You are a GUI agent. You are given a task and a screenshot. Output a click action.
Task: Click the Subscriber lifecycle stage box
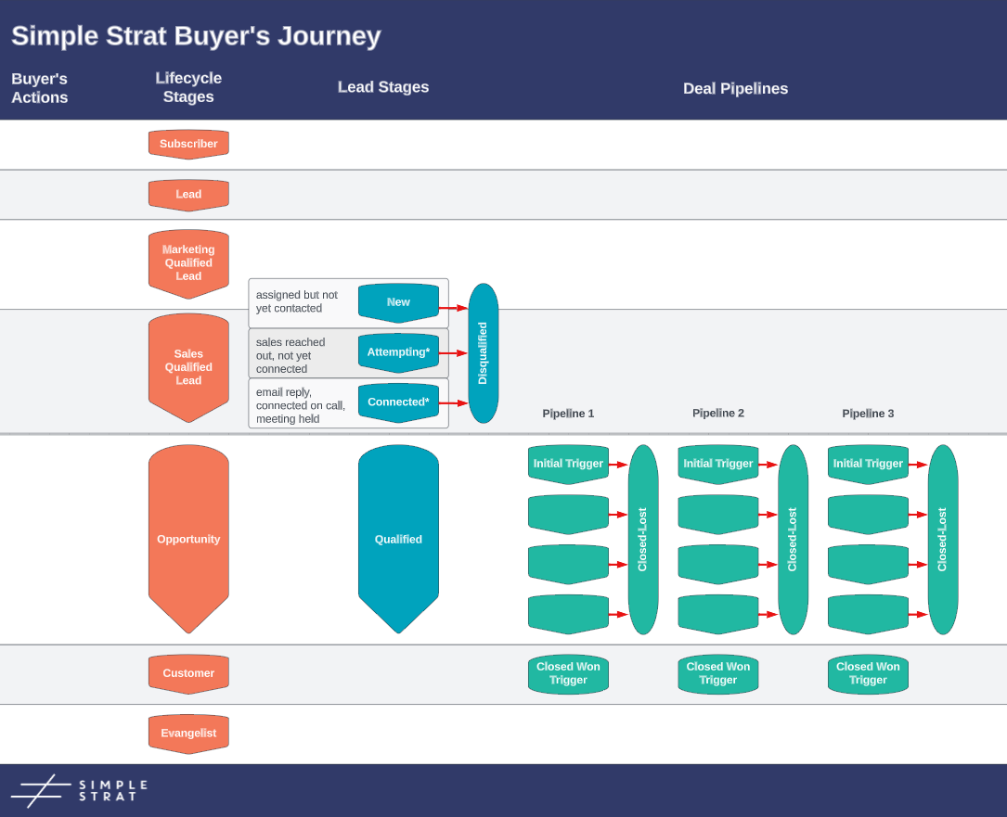pyautogui.click(x=188, y=144)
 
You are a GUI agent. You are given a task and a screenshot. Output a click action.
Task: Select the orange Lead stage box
pyautogui.click(x=188, y=195)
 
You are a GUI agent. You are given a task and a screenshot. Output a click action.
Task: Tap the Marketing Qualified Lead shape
pyautogui.click(x=188, y=263)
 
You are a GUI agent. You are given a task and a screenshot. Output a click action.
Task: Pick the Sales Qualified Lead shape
pyautogui.click(x=188, y=367)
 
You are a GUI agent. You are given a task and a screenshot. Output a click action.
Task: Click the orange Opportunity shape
pyautogui.click(x=188, y=539)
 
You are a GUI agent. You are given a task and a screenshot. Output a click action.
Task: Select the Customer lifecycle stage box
pyautogui.click(x=188, y=673)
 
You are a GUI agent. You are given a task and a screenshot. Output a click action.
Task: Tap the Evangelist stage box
pyautogui.click(x=188, y=733)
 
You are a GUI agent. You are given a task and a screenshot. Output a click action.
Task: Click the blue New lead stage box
pyautogui.click(x=398, y=302)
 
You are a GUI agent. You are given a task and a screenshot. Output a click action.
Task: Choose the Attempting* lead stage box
pyautogui.click(x=398, y=352)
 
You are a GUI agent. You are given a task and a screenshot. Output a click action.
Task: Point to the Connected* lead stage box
pyautogui.click(x=398, y=402)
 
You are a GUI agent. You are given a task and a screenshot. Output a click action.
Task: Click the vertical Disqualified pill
pyautogui.click(x=483, y=353)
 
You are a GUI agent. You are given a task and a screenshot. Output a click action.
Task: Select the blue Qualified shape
pyautogui.click(x=398, y=539)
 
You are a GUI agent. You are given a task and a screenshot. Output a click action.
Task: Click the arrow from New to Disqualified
pyautogui.click(x=453, y=308)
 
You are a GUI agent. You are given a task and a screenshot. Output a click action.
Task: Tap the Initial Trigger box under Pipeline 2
pyautogui.click(x=717, y=464)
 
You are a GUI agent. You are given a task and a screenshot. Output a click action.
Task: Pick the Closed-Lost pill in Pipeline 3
pyautogui.click(x=942, y=539)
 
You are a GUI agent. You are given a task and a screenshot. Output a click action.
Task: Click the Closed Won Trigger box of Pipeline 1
pyautogui.click(x=568, y=674)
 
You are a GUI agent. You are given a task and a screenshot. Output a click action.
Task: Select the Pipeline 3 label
pyautogui.click(x=868, y=414)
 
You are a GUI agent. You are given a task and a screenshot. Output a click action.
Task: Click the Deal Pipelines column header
pyautogui.click(x=735, y=89)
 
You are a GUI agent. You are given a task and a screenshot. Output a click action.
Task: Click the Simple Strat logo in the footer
pyautogui.click(x=80, y=790)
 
